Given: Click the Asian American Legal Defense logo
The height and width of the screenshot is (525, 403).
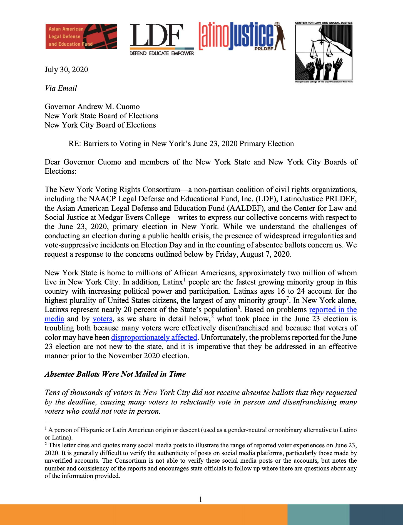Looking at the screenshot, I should tap(81, 36).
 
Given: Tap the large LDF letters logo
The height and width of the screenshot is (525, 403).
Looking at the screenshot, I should tap(156, 35).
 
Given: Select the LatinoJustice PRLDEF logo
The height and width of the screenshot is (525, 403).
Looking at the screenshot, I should tap(242, 36).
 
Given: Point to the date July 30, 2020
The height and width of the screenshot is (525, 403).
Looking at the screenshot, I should tap(66, 70).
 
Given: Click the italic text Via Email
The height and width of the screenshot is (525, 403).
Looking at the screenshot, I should tap(61, 88).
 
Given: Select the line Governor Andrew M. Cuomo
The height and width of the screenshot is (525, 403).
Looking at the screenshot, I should tap(92, 107).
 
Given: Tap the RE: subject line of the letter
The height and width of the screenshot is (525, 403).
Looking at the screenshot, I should tap(181, 144).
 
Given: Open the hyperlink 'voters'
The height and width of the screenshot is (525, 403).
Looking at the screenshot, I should tap(102, 319).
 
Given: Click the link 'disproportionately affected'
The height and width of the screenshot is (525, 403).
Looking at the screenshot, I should tap(154, 337).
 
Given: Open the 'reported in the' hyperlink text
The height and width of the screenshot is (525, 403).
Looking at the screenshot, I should tap(333, 310).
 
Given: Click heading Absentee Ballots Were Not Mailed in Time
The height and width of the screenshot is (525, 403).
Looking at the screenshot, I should tap(115, 374).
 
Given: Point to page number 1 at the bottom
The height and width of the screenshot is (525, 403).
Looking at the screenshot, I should tap(201, 499).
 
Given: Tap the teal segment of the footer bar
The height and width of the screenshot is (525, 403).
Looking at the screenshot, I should tap(318, 515).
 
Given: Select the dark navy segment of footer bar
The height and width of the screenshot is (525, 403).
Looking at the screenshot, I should tap(376, 515).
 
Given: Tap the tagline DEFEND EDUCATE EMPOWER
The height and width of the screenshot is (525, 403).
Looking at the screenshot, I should tap(161, 53).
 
